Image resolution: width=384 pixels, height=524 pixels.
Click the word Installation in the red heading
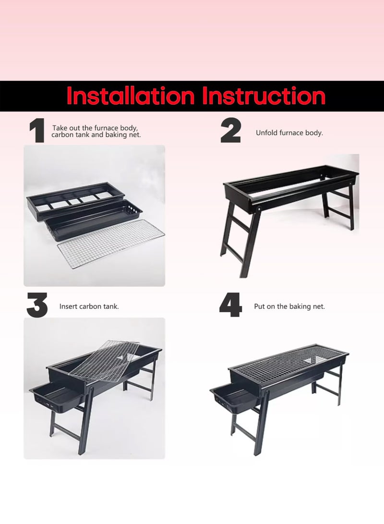131,96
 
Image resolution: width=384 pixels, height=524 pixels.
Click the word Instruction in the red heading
264,96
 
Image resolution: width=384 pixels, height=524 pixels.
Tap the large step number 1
37,131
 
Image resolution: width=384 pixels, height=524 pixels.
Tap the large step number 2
230,131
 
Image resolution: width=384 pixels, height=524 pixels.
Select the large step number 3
37,305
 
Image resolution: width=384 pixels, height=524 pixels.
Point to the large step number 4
230,305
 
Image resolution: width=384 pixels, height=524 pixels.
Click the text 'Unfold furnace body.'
289,133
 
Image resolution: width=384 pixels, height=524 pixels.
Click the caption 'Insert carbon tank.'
89,306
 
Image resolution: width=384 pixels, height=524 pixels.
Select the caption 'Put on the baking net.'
289,306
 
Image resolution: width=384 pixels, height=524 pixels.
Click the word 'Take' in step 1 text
60,128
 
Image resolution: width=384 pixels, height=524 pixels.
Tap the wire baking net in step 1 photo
111,244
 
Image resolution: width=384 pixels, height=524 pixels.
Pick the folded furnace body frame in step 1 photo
75,200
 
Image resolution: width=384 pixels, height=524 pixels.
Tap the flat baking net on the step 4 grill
288,364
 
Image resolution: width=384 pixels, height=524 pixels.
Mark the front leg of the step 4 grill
262,422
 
